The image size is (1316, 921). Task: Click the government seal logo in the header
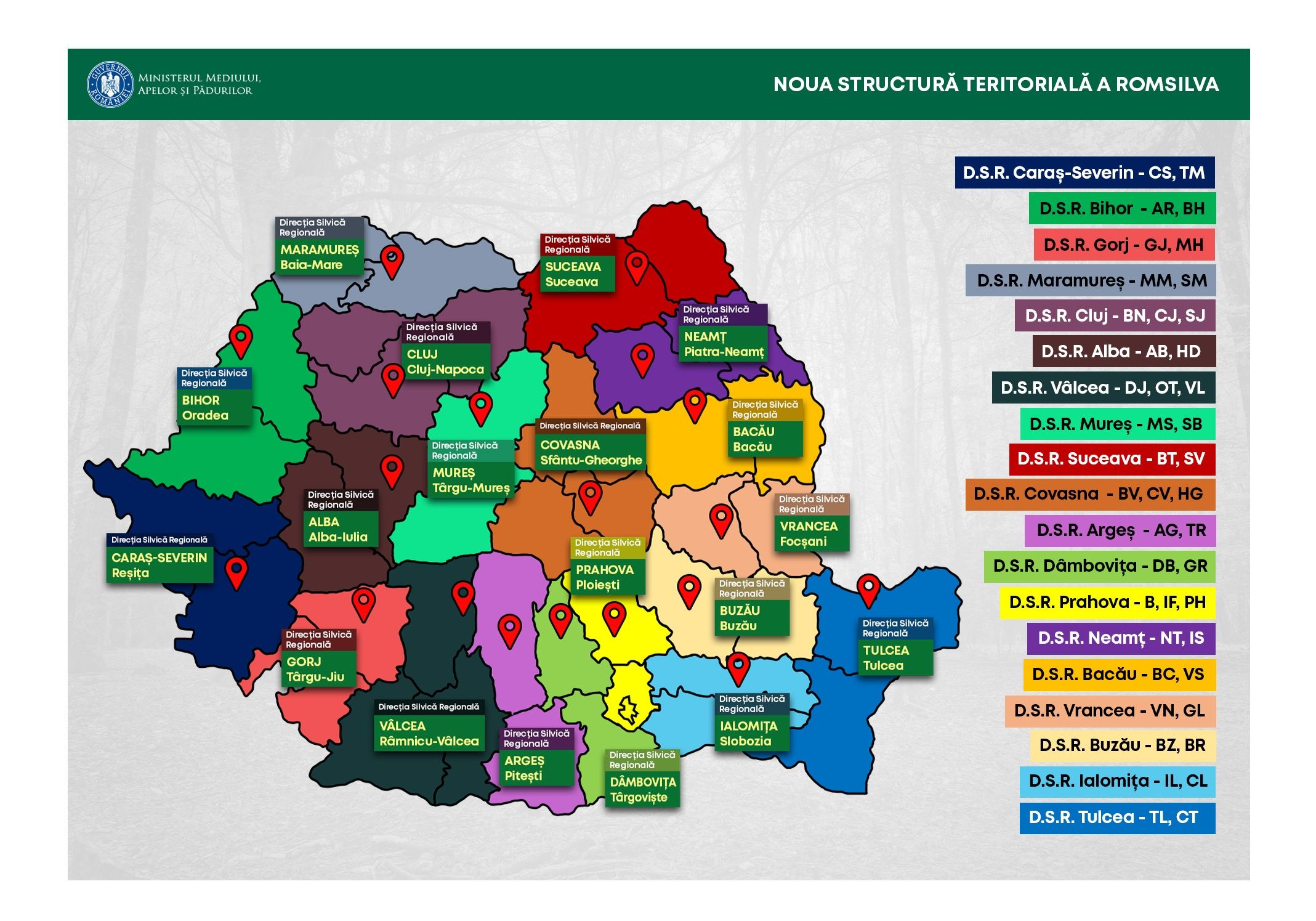[x=110, y=84]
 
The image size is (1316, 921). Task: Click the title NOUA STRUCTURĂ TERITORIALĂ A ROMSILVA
[x=996, y=84]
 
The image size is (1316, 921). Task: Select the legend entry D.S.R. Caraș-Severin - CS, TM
[x=1084, y=172]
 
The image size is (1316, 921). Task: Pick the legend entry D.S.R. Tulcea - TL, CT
[x=1116, y=818]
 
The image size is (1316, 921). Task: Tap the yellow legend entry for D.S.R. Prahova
[x=1107, y=603]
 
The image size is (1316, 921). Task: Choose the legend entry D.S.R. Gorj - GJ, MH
[x=1124, y=245]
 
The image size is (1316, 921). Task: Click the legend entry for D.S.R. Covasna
[x=1089, y=494]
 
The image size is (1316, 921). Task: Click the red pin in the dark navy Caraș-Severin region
[x=236, y=571]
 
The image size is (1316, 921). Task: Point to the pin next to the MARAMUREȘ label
[x=392, y=259]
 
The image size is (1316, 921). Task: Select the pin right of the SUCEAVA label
[x=637, y=266]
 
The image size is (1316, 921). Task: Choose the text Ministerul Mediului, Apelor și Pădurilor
[x=199, y=84]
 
